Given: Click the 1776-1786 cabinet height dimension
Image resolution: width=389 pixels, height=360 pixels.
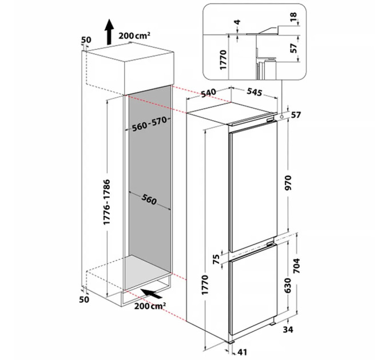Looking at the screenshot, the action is tap(107, 202).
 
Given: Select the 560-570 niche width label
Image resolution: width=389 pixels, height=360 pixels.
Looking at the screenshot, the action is tap(149, 124).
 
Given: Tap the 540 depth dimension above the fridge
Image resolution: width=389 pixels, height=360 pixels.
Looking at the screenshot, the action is tap(209, 94).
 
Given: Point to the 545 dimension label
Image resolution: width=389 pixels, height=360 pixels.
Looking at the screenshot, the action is tap(255, 91).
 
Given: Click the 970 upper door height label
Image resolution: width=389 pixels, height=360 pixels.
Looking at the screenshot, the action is tap(288, 183).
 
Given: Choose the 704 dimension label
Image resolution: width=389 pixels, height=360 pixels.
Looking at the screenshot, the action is tap(297, 266).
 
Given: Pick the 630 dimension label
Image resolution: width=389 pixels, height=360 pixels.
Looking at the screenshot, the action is tap(288, 285).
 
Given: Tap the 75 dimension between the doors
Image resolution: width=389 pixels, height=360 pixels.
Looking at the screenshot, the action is tap(217, 259).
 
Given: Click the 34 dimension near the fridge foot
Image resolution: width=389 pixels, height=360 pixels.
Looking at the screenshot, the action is tap(288, 330).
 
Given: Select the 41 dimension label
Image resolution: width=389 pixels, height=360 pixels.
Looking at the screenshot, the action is tap(242, 352).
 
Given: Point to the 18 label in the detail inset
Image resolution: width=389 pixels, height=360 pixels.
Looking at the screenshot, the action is tap(293, 17).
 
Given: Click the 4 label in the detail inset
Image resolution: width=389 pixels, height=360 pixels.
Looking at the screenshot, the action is tap(237, 22).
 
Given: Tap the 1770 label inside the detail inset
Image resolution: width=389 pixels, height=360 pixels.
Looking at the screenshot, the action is tap(223, 59).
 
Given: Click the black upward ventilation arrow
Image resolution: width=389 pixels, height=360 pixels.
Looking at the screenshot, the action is tap(109, 32).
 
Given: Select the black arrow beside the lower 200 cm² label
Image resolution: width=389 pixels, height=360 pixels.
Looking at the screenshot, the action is tap(152, 294).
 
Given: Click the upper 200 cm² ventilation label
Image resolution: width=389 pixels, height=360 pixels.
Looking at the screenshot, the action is tap(134, 35).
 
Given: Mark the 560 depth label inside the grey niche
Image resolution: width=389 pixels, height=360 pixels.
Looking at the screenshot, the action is tap(149, 199).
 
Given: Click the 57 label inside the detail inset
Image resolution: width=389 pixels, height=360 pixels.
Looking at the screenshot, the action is tap(293, 48).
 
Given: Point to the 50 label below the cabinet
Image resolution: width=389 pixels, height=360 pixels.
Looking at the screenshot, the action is tap(84, 299).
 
